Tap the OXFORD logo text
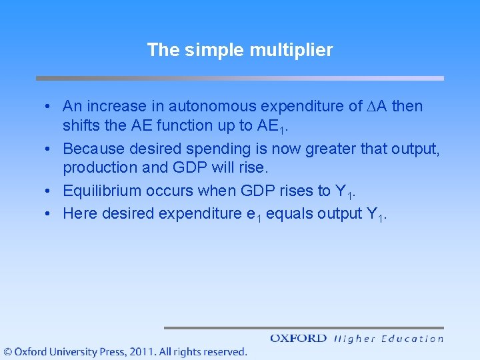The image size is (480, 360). (x=298, y=339)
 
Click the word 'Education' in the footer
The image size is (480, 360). (x=412, y=339)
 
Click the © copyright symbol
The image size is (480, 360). (x=7, y=351)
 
